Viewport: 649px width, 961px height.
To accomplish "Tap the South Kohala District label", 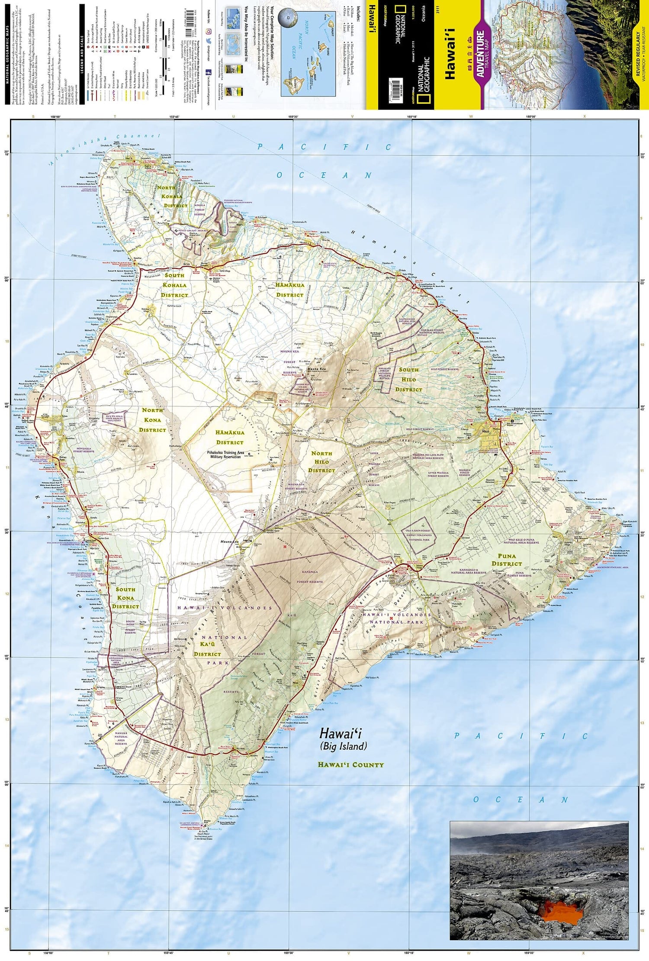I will coord(174,285).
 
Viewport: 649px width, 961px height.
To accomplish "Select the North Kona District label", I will coord(152,420).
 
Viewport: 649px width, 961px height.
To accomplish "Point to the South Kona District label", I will coord(125,598).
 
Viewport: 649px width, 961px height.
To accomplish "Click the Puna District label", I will coord(507,560).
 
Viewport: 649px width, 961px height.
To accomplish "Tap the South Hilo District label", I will coord(408,380).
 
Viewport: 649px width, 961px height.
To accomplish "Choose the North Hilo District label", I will coord(322,462).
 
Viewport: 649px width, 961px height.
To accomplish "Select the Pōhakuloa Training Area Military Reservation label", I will coord(225,455).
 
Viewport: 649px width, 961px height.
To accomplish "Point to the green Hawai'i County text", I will coord(350,765).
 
